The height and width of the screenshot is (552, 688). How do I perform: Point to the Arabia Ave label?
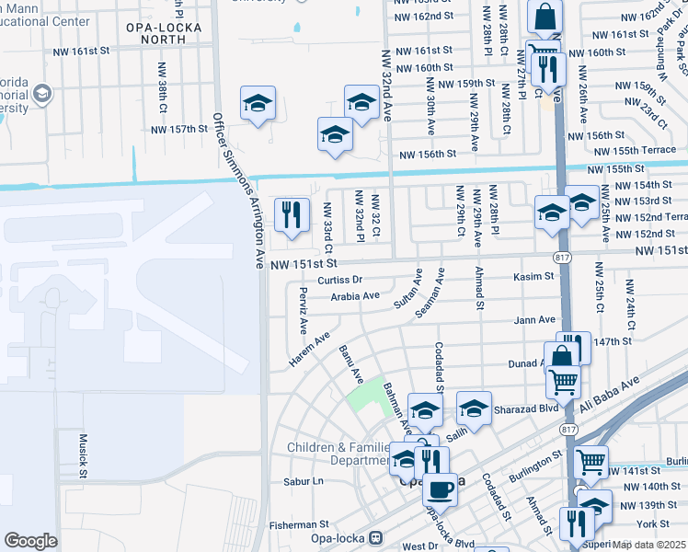pos(355,296)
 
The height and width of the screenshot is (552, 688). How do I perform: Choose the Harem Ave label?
pos(309,351)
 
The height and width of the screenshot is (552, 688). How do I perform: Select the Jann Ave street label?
pos(534,319)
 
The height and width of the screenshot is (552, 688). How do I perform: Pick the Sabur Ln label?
pos(304,480)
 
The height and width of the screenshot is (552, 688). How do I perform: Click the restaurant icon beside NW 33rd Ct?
pos(292,217)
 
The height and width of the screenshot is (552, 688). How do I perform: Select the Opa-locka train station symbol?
pos(374,536)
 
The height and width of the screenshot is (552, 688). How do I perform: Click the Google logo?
pos(30,540)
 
